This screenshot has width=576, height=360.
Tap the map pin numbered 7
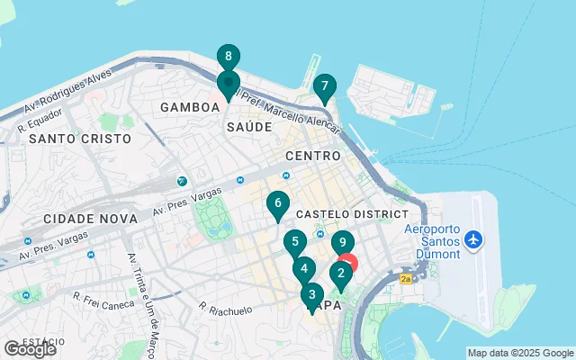324,87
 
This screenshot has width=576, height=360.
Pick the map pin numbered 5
294,242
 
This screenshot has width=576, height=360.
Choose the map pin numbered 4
304,268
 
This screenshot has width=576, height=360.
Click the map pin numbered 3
312,294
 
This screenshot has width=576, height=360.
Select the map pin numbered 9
342,243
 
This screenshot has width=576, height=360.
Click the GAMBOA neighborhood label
190,107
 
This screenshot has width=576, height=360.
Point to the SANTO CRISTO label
79,139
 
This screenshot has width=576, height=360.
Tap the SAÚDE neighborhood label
248,127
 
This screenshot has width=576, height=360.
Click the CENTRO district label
312,156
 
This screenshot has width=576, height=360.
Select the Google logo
30,348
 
